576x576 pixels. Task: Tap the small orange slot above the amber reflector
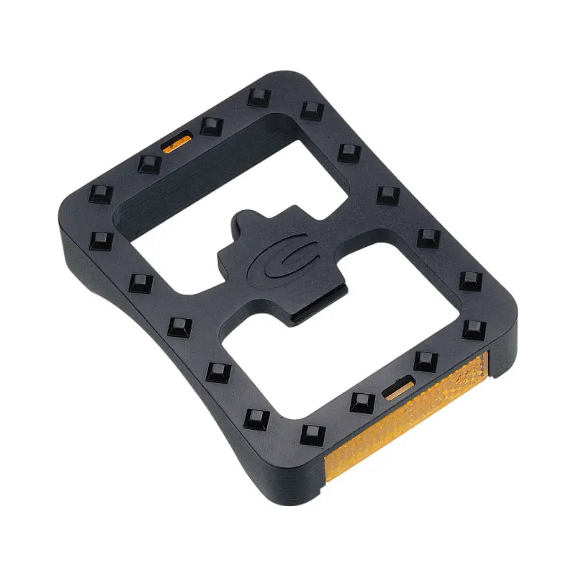tap(398, 389)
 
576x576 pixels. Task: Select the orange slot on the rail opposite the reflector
tap(176, 143)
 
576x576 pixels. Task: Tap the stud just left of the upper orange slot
tap(148, 163)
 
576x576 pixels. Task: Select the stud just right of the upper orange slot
tap(211, 127)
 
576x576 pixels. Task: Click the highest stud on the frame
tap(257, 97)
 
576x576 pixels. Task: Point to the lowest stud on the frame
tap(312, 434)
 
